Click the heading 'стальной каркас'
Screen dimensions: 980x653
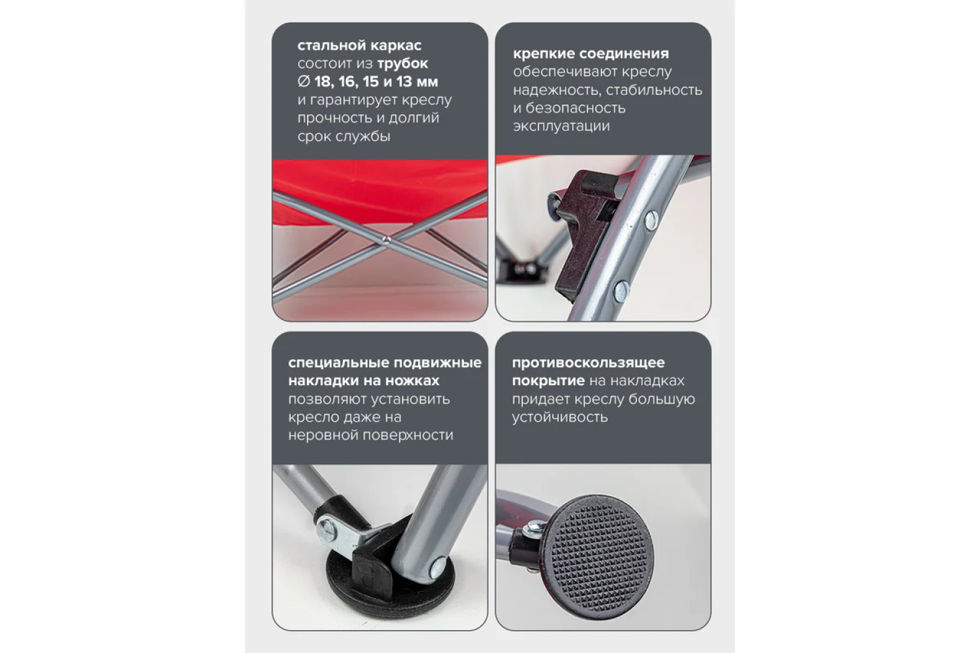(359, 46)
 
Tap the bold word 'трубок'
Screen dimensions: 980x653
(402, 64)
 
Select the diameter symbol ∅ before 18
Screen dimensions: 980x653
(304, 82)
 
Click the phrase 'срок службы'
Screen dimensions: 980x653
(344, 136)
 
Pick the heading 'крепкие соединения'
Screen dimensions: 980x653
(591, 54)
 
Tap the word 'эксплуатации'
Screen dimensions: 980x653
(561, 127)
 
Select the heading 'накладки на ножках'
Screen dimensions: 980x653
(363, 381)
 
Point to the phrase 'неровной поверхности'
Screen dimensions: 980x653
(370, 436)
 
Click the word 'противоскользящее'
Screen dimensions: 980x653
(589, 363)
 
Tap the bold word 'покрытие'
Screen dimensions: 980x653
(548, 381)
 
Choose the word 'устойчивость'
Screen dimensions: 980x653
(560, 417)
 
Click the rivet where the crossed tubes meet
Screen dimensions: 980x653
(386, 239)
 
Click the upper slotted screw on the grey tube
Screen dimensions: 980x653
(651, 221)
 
